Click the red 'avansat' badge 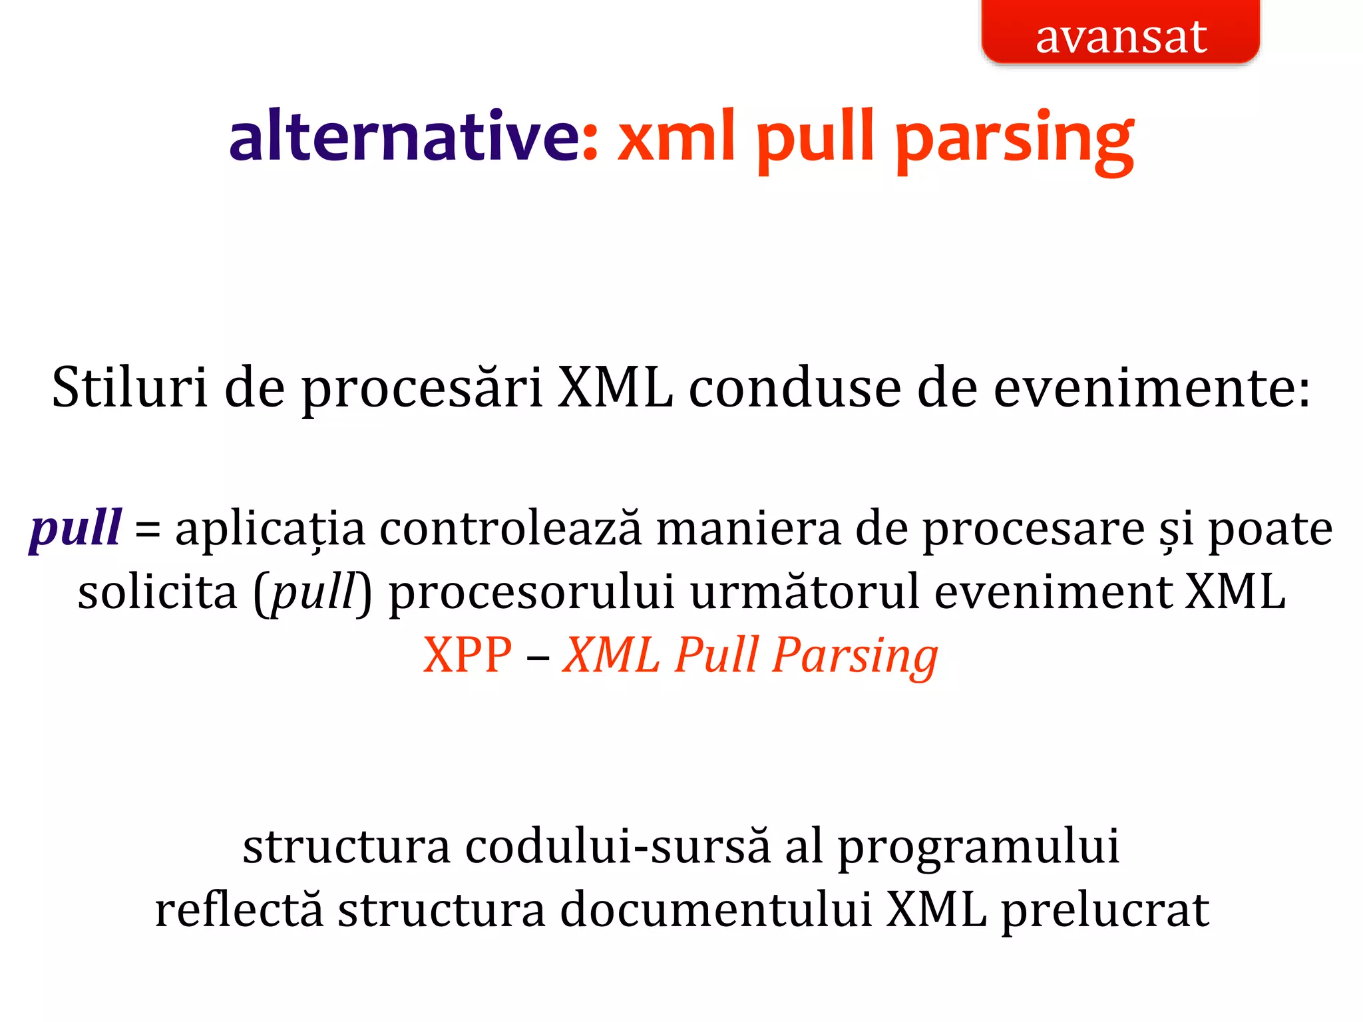click(x=1120, y=33)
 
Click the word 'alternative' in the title click(x=404, y=136)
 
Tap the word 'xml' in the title click(x=677, y=136)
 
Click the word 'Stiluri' click(x=130, y=388)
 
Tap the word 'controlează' click(x=511, y=529)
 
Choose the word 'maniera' click(x=749, y=529)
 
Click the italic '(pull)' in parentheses click(x=312, y=592)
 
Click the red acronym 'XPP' click(x=468, y=655)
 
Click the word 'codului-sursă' click(x=617, y=847)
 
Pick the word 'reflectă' click(x=239, y=910)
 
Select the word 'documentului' click(x=715, y=910)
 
